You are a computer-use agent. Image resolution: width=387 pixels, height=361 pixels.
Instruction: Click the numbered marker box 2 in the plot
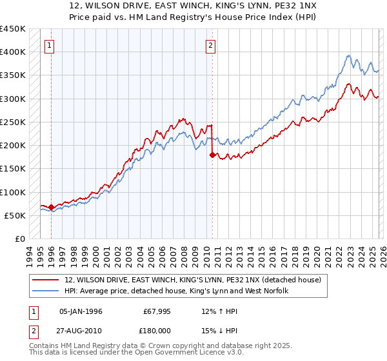(211, 45)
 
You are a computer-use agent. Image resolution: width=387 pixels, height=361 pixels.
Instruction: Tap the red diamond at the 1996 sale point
(52, 207)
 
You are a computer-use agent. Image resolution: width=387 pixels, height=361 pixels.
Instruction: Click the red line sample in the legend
(46, 279)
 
